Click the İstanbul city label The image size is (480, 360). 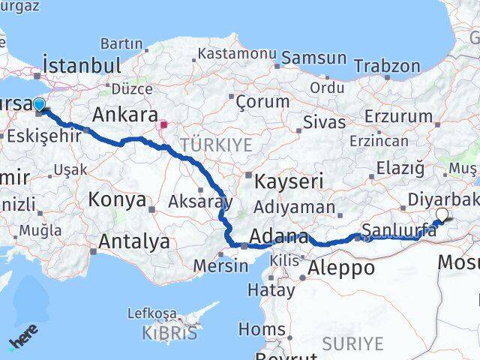pos(82,65)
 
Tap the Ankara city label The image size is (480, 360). pos(123,115)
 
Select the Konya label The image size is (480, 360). pos(117,199)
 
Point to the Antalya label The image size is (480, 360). pos(134,241)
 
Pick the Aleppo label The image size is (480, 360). pos(341,268)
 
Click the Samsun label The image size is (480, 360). pos(313,58)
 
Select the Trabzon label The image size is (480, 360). pos(386,65)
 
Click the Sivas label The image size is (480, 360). pos(325,121)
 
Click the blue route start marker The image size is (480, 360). pos(39,105)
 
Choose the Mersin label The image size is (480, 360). pos(220,265)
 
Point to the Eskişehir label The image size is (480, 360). pos(33,137)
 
